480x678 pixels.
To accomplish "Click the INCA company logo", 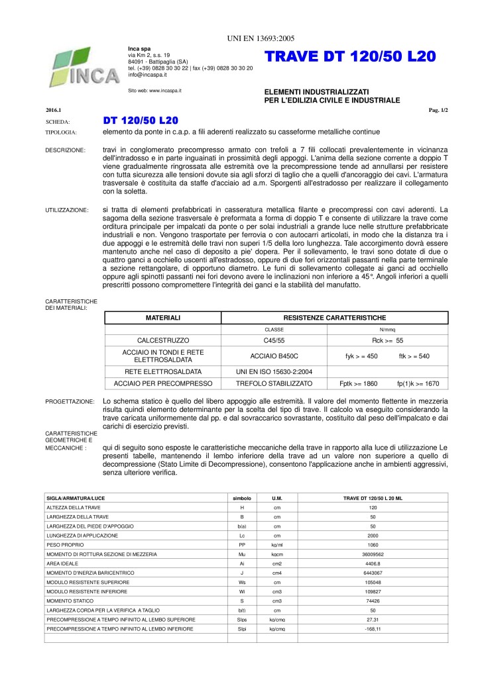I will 79,68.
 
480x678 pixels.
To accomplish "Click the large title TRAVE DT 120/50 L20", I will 350,57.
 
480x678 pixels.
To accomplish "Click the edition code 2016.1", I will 54,110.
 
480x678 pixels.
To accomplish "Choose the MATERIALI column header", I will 163,318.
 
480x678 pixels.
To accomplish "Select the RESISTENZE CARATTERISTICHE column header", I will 344,318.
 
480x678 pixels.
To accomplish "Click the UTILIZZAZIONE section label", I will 66,210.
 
